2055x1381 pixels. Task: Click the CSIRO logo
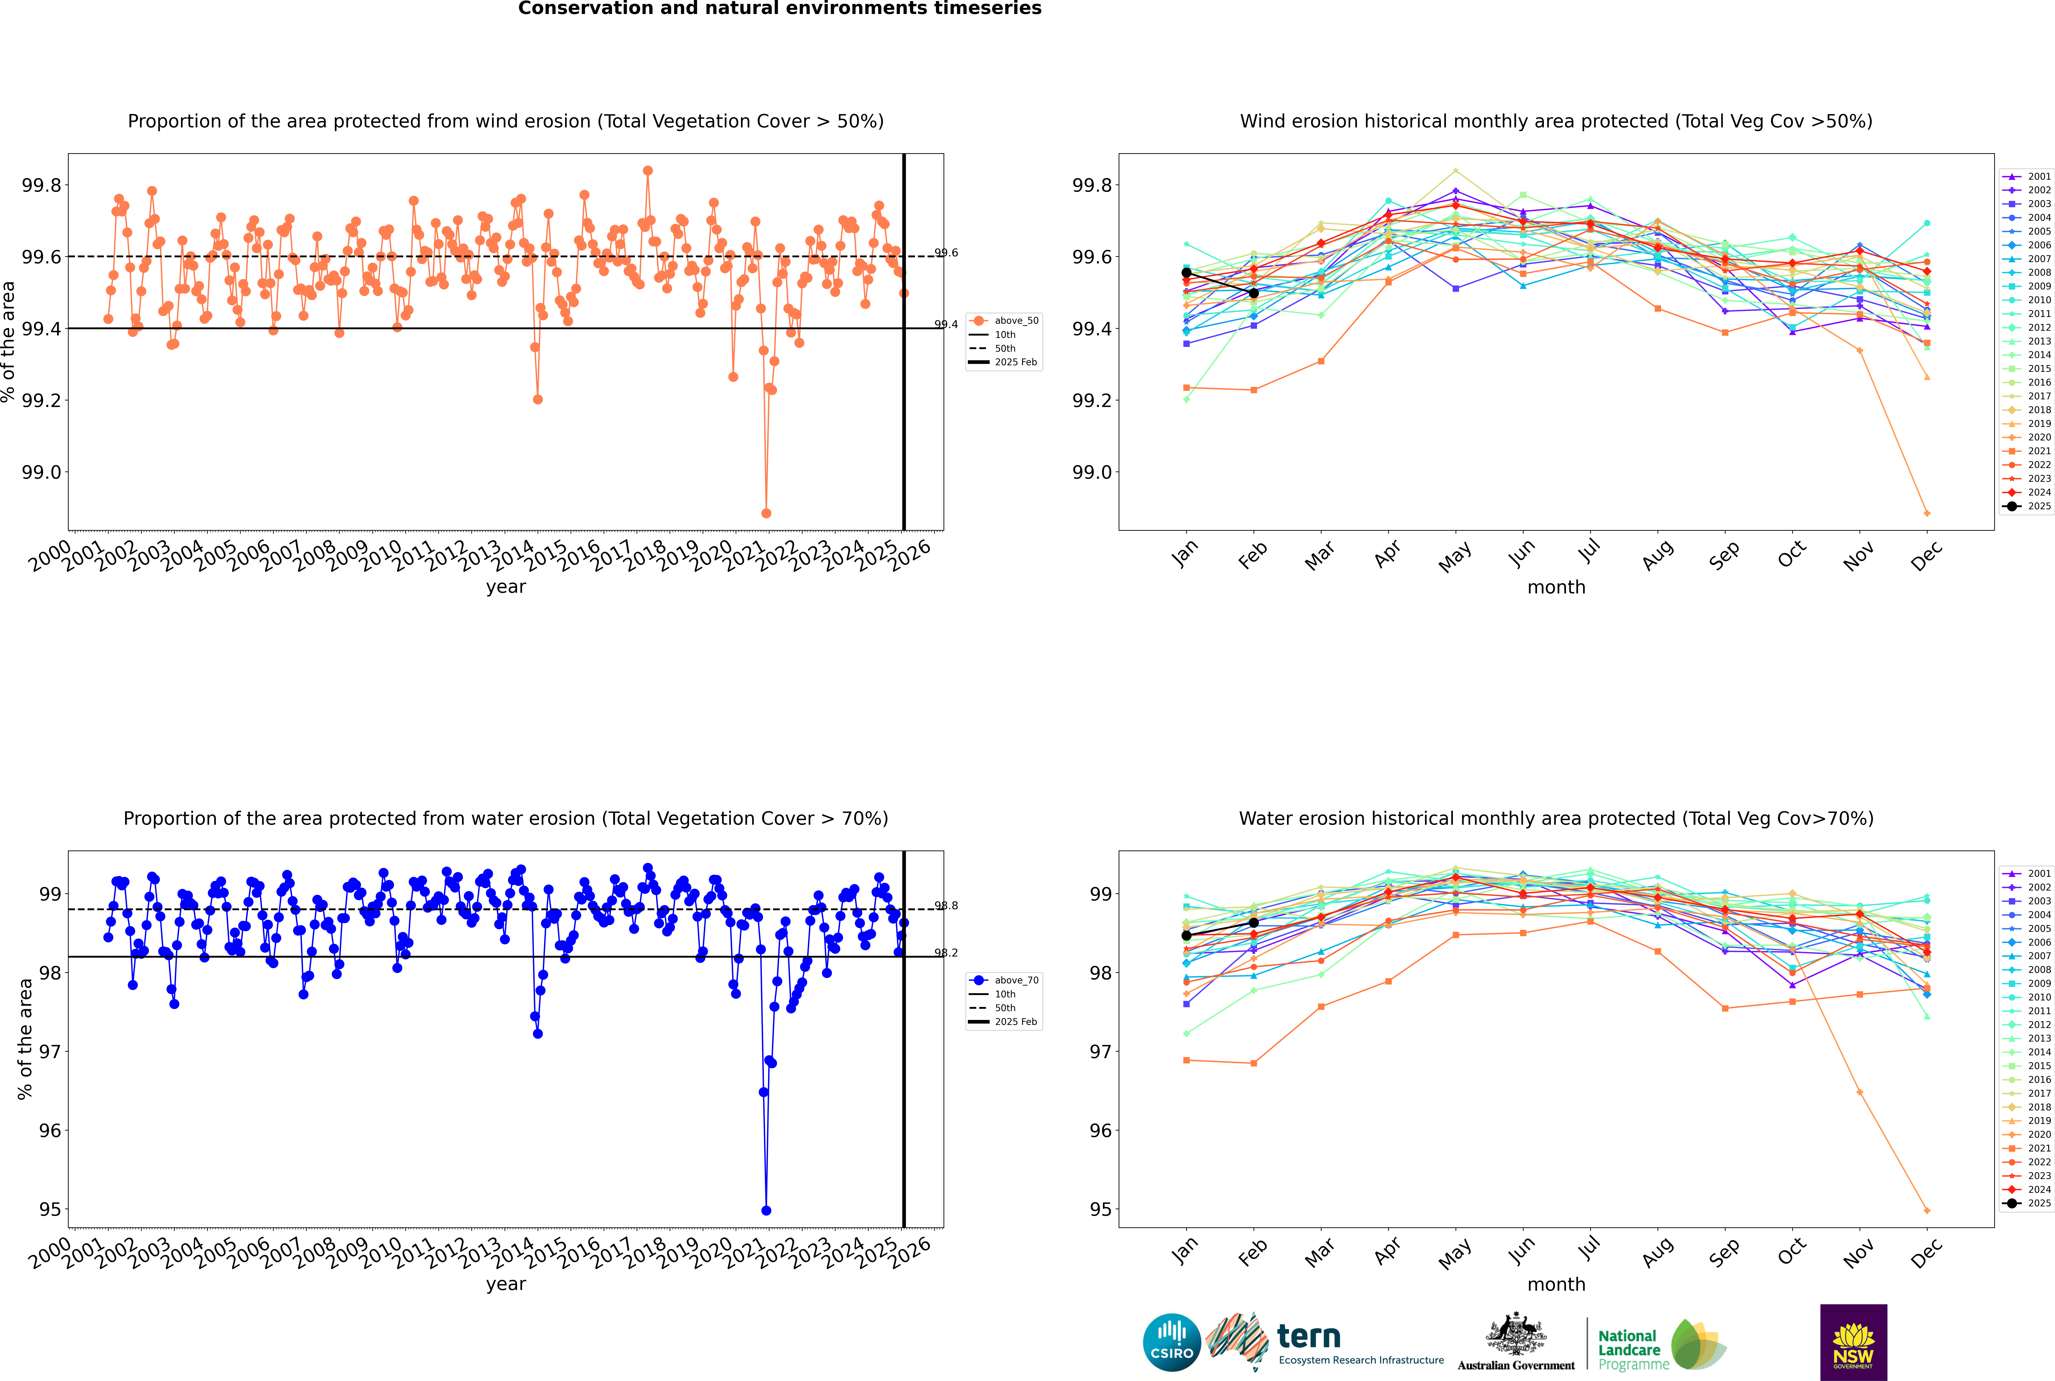click(x=1172, y=1342)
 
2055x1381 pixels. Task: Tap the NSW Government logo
click(x=1853, y=1342)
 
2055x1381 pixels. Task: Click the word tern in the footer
click(x=1309, y=1336)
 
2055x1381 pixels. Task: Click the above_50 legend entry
click(x=1004, y=321)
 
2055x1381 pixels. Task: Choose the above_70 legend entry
click(x=1004, y=980)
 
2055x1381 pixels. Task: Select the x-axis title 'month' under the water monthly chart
click(x=1557, y=1284)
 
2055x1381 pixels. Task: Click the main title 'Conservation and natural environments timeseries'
click(x=780, y=9)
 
